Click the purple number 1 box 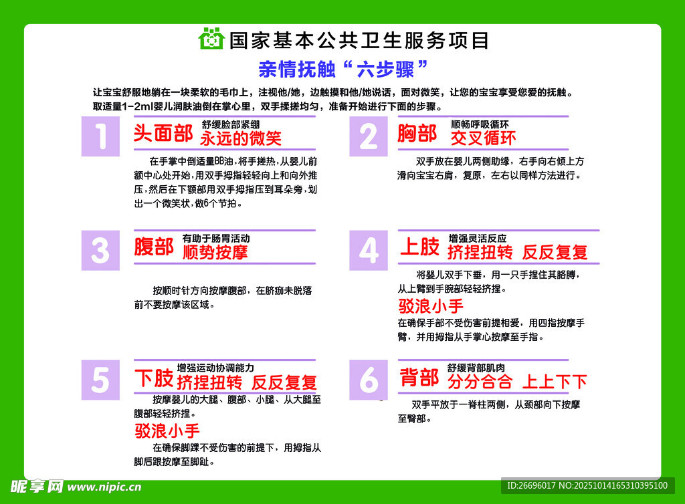[x=100, y=136]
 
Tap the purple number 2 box [x=368, y=136]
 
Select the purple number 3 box [x=100, y=250]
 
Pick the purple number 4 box [x=368, y=250]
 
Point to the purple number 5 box [x=100, y=380]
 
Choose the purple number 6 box [x=368, y=380]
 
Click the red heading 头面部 [x=163, y=134]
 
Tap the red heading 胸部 [x=417, y=134]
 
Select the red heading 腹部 [x=154, y=247]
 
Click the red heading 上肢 [x=419, y=247]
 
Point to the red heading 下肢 [x=154, y=378]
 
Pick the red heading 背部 [x=419, y=378]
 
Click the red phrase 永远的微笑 [x=241, y=138]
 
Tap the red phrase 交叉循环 [x=483, y=138]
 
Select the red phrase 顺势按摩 [x=215, y=252]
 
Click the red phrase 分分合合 [x=480, y=382]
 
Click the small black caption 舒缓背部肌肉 [x=476, y=368]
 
